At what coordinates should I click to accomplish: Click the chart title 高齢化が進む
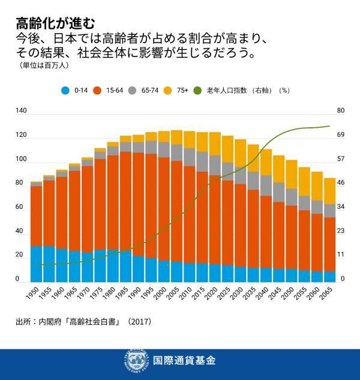point(55,23)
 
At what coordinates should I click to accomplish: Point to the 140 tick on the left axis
point(22,111)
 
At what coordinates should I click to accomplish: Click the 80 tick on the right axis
point(341,111)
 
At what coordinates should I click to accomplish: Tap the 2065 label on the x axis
point(328,295)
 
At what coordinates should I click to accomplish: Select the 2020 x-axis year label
point(213,295)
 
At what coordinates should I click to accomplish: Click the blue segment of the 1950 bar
point(36,264)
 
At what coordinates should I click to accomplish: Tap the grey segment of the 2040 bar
point(266,185)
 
